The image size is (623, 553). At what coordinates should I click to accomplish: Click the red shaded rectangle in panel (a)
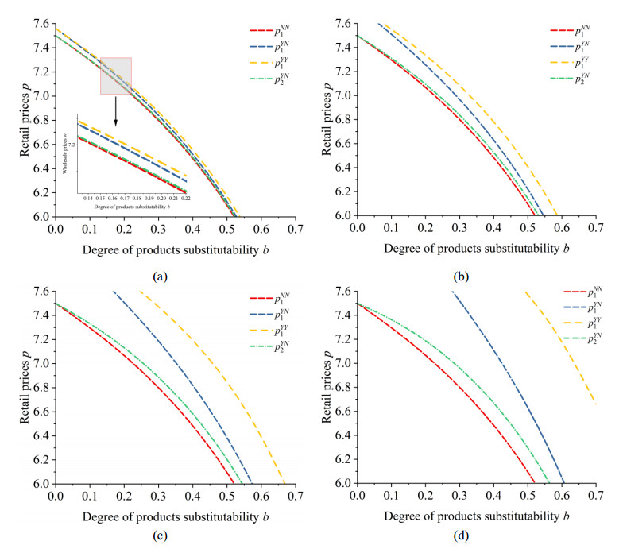116,76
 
